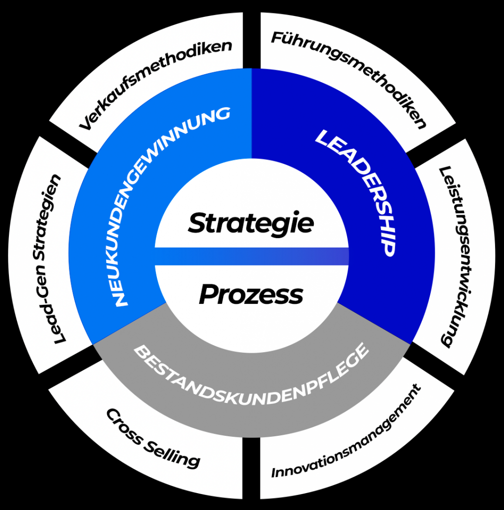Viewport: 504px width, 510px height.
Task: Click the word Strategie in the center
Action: [251, 223]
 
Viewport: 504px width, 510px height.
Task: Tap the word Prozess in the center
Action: [251, 295]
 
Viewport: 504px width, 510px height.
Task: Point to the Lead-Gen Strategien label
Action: [50, 259]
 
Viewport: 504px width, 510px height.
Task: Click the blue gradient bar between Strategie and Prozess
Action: [252, 256]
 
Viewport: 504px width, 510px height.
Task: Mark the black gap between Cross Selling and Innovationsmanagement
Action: [252, 468]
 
